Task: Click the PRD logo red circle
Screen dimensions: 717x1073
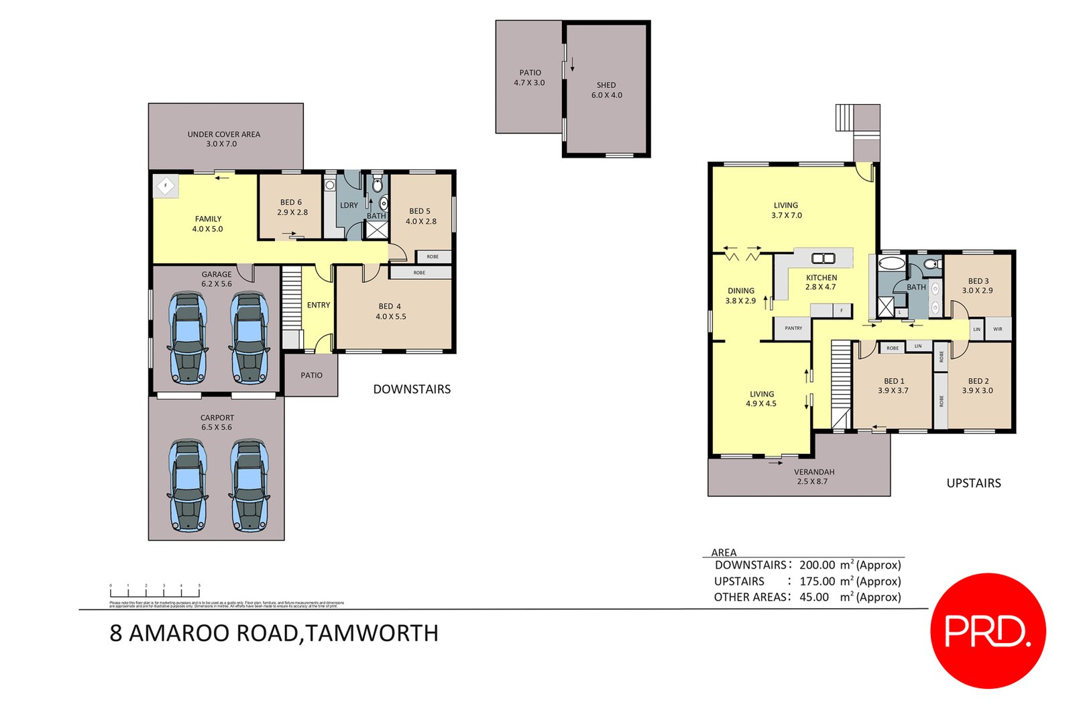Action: pyautogui.click(x=987, y=630)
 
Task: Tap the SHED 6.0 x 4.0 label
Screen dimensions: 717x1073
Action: pyautogui.click(x=606, y=90)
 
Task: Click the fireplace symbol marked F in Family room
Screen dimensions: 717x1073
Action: pyautogui.click(x=166, y=185)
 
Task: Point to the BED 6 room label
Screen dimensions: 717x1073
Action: pyautogui.click(x=292, y=207)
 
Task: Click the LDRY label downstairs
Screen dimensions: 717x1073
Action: pyautogui.click(x=349, y=205)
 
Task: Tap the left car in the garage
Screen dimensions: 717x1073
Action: pyautogui.click(x=188, y=337)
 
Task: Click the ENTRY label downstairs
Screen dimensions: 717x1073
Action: pyautogui.click(x=319, y=305)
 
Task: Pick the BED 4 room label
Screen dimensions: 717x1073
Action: pyautogui.click(x=390, y=312)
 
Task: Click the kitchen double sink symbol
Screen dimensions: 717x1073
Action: pyautogui.click(x=823, y=258)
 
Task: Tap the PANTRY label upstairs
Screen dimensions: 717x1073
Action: pyautogui.click(x=793, y=328)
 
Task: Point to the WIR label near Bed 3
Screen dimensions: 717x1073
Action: pyautogui.click(x=997, y=329)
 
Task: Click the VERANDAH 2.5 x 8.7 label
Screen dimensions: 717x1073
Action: pyautogui.click(x=813, y=476)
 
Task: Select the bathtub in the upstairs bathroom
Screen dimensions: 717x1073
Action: pyautogui.click(x=891, y=263)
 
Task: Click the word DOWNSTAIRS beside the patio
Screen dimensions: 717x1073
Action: pyautogui.click(x=412, y=389)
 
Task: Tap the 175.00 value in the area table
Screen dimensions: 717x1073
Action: pyautogui.click(x=817, y=581)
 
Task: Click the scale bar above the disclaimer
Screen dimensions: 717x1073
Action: pyautogui.click(x=155, y=592)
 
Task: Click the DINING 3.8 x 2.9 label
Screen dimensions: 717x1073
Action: pyautogui.click(x=740, y=295)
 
